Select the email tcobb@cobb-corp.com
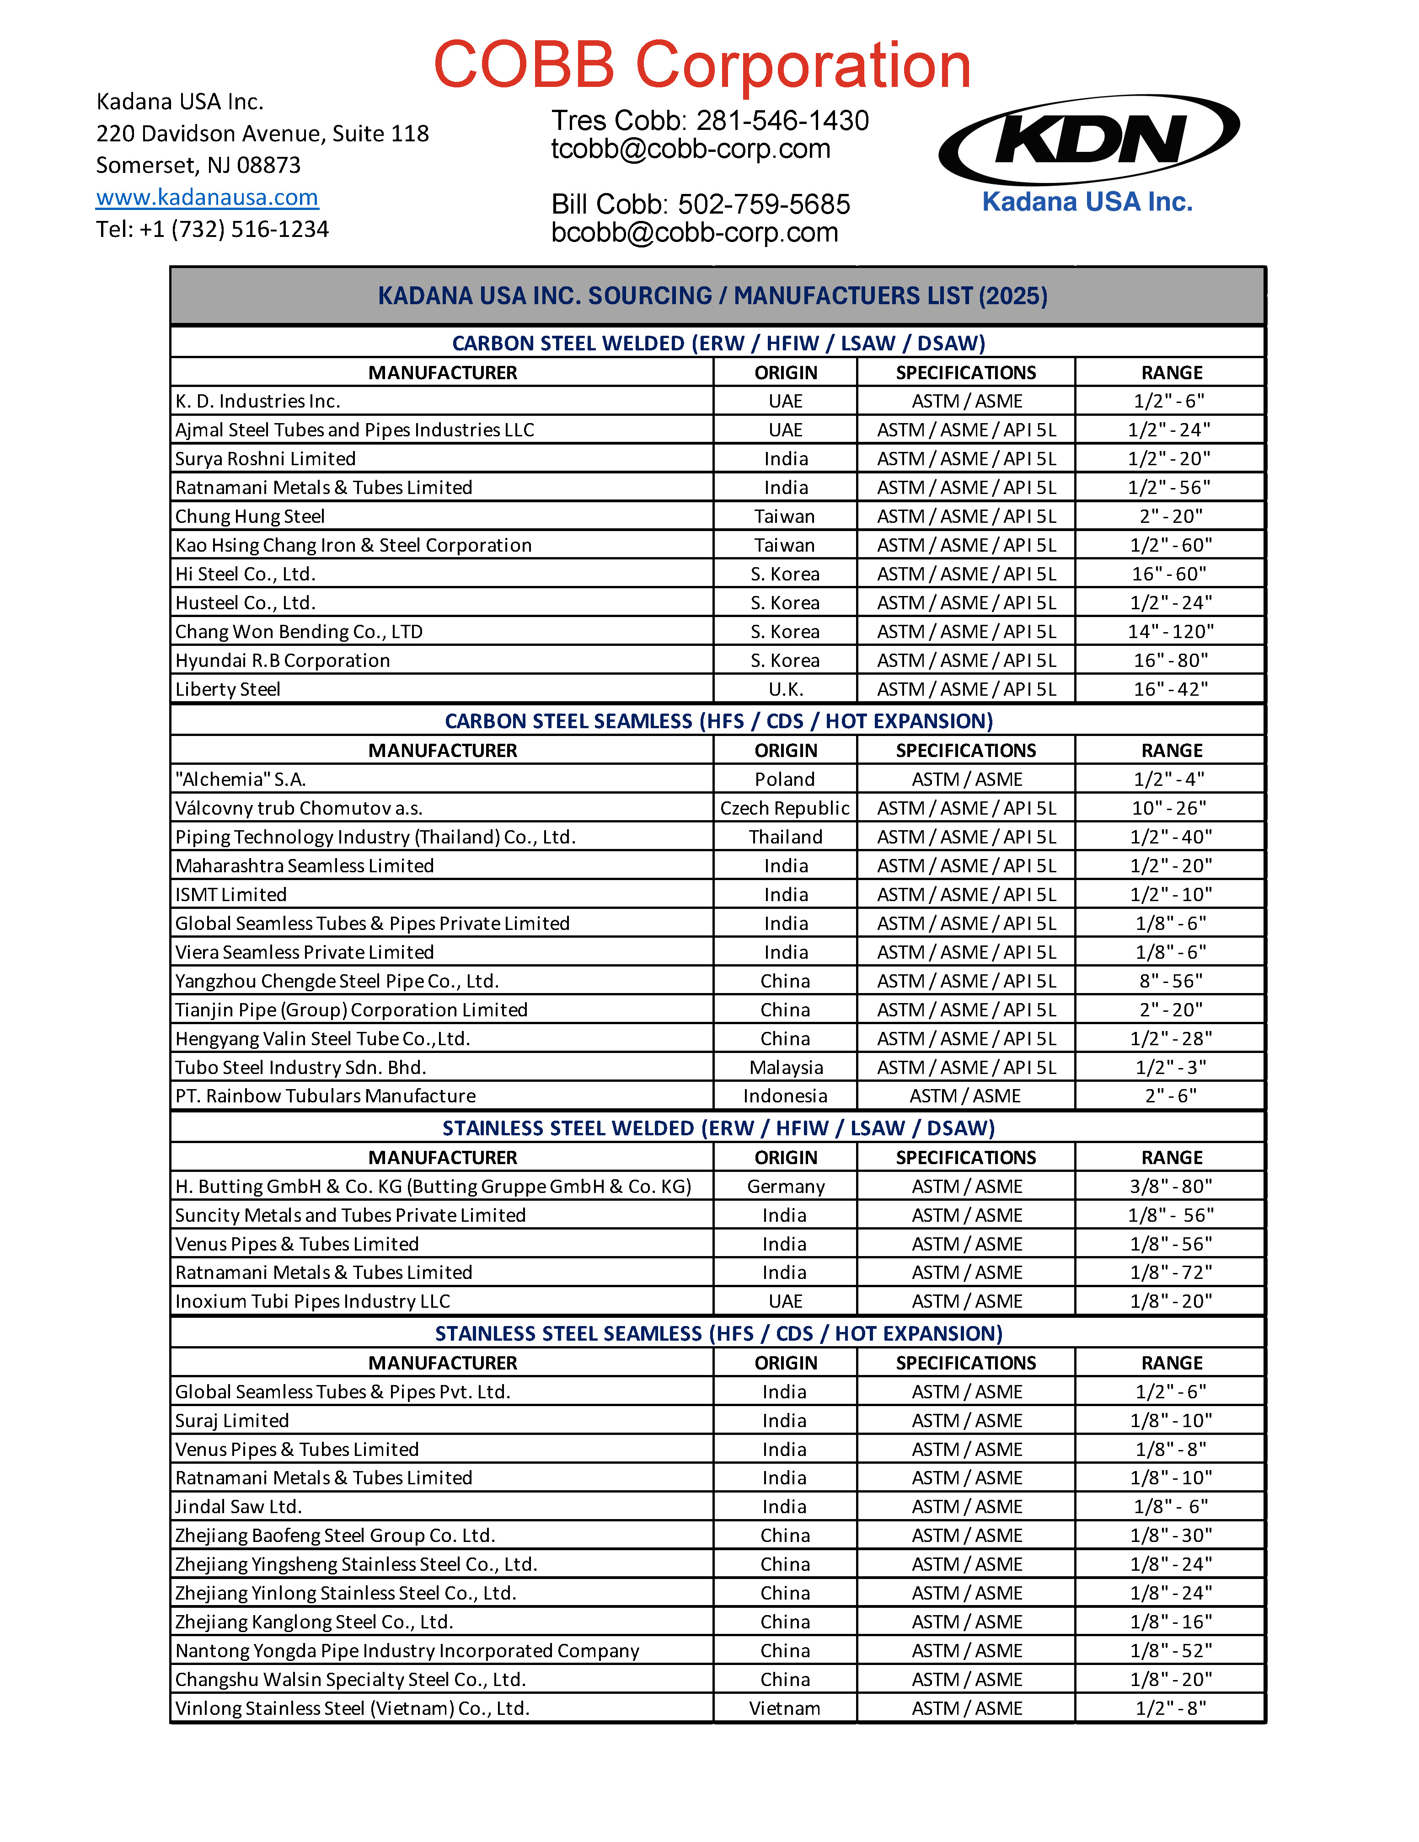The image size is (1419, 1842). pyautogui.click(x=691, y=149)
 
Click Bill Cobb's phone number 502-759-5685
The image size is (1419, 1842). pyautogui.click(x=764, y=204)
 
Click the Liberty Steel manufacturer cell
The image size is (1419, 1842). pyautogui.click(x=228, y=689)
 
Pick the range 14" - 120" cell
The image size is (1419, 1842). pyautogui.click(x=1170, y=632)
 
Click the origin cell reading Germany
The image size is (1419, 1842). pyautogui.click(x=785, y=1187)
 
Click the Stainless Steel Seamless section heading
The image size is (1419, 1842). pyautogui.click(x=718, y=1333)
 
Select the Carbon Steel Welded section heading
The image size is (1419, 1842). pyautogui.click(x=718, y=343)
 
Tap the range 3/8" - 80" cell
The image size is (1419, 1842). pyautogui.click(x=1170, y=1187)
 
